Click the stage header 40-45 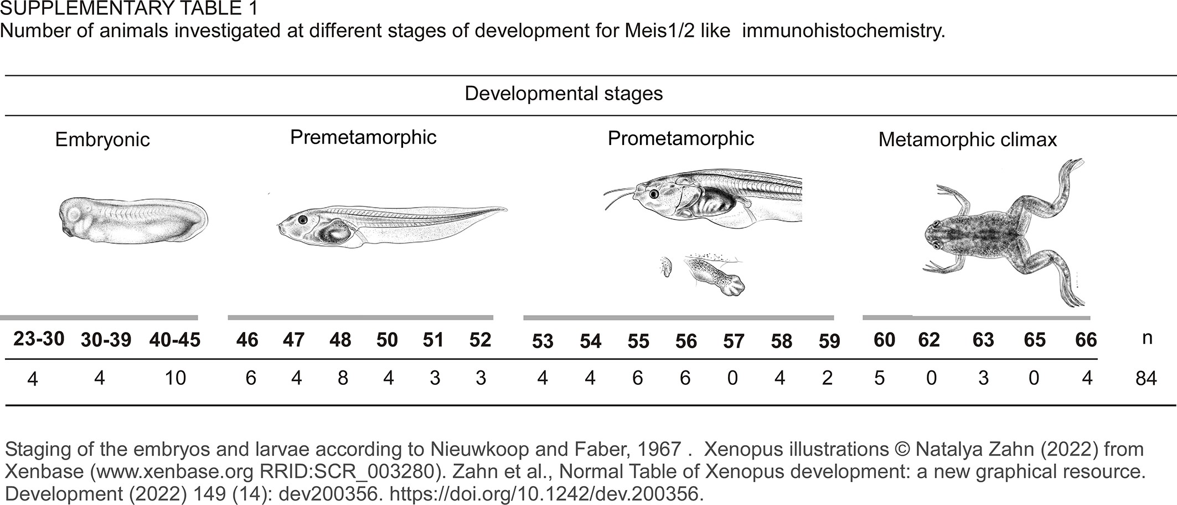174,339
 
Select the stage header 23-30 39,338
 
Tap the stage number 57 734,341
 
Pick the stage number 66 1086,339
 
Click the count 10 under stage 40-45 175,378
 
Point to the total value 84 1145,379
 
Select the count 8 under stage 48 343,378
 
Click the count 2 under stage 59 828,378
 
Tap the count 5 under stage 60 879,378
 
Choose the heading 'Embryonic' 102,140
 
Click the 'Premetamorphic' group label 363,137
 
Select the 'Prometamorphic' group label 680,138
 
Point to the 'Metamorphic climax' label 967,140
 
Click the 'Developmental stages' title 564,94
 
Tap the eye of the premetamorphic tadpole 302,219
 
